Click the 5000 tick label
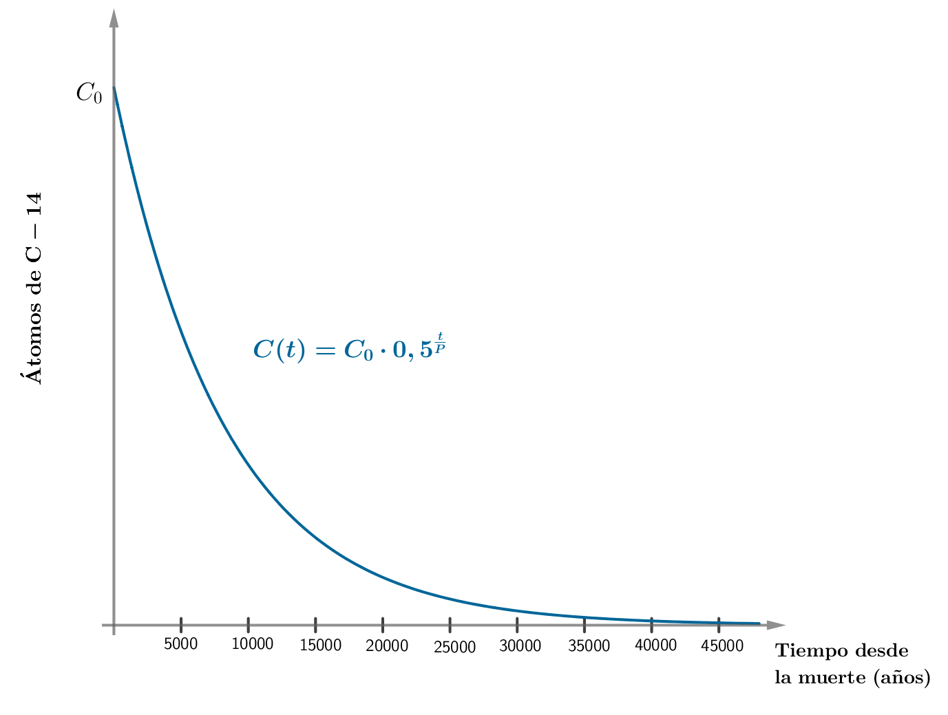click(181, 644)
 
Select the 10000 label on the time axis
click(252, 644)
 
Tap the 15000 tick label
click(321, 645)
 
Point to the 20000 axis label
click(387, 646)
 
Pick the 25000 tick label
click(454, 648)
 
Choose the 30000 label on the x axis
click(520, 646)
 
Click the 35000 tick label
click(589, 646)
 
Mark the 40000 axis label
click(655, 645)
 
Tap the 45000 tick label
click(722, 646)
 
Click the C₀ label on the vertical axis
click(89, 93)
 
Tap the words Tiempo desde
click(841, 651)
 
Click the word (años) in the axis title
click(901, 678)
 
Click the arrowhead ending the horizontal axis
click(776, 625)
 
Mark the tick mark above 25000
click(450, 625)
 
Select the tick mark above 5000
click(181, 625)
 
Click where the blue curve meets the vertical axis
click(114, 87)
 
